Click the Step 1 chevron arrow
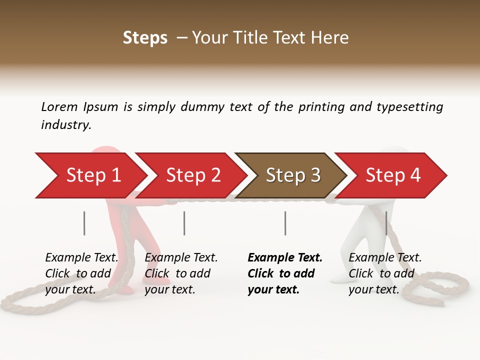(x=92, y=175)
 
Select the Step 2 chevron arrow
(x=192, y=175)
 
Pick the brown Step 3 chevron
(x=292, y=175)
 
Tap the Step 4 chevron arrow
(x=392, y=175)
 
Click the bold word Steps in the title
(x=145, y=38)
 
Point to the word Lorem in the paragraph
(x=59, y=106)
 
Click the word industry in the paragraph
(x=65, y=125)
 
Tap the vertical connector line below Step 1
(x=84, y=223)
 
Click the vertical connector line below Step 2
(x=184, y=223)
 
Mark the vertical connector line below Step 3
(x=285, y=223)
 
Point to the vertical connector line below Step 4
(x=386, y=223)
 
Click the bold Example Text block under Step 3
(x=285, y=273)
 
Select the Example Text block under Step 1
(x=81, y=273)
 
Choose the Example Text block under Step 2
(x=181, y=273)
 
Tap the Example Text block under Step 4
(x=385, y=273)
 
